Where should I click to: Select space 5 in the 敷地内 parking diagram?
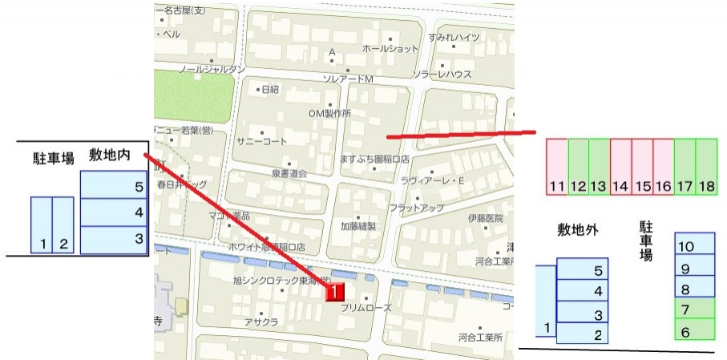point(115,186)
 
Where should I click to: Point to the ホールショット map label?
point(390,49)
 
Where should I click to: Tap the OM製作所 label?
point(329,113)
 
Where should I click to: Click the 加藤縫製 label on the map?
point(357,226)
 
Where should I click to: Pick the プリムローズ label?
point(366,308)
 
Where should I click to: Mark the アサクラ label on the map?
point(261,322)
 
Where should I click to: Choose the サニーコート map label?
point(261,141)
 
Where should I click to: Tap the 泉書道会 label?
point(289,173)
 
